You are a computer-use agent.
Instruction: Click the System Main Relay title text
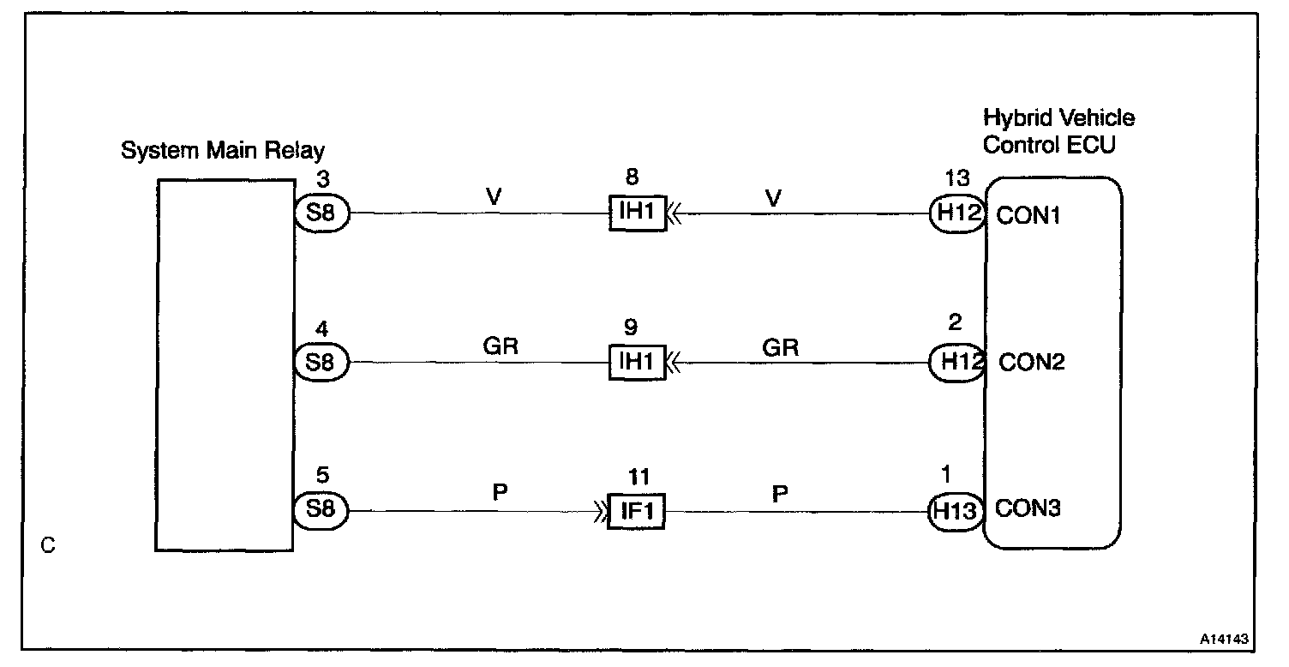click(x=222, y=152)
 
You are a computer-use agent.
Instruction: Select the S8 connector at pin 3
click(x=321, y=213)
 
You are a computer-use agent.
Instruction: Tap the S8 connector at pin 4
click(x=321, y=362)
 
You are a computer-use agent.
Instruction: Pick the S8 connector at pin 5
click(x=321, y=510)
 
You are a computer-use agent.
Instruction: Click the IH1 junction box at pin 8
click(x=636, y=213)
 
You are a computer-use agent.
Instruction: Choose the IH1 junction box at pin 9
click(x=636, y=362)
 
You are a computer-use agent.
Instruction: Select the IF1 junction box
click(x=636, y=511)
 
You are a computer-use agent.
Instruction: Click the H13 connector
click(x=956, y=510)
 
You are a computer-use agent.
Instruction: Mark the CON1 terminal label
click(x=1028, y=214)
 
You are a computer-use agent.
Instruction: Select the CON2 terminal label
click(x=1032, y=363)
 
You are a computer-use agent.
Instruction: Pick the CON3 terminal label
click(x=1028, y=510)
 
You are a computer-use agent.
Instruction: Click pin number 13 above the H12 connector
click(x=956, y=178)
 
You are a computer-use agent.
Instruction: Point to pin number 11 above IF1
click(x=638, y=477)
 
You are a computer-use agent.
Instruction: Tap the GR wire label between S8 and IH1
click(x=501, y=346)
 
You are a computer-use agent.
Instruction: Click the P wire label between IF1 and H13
click(x=780, y=494)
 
